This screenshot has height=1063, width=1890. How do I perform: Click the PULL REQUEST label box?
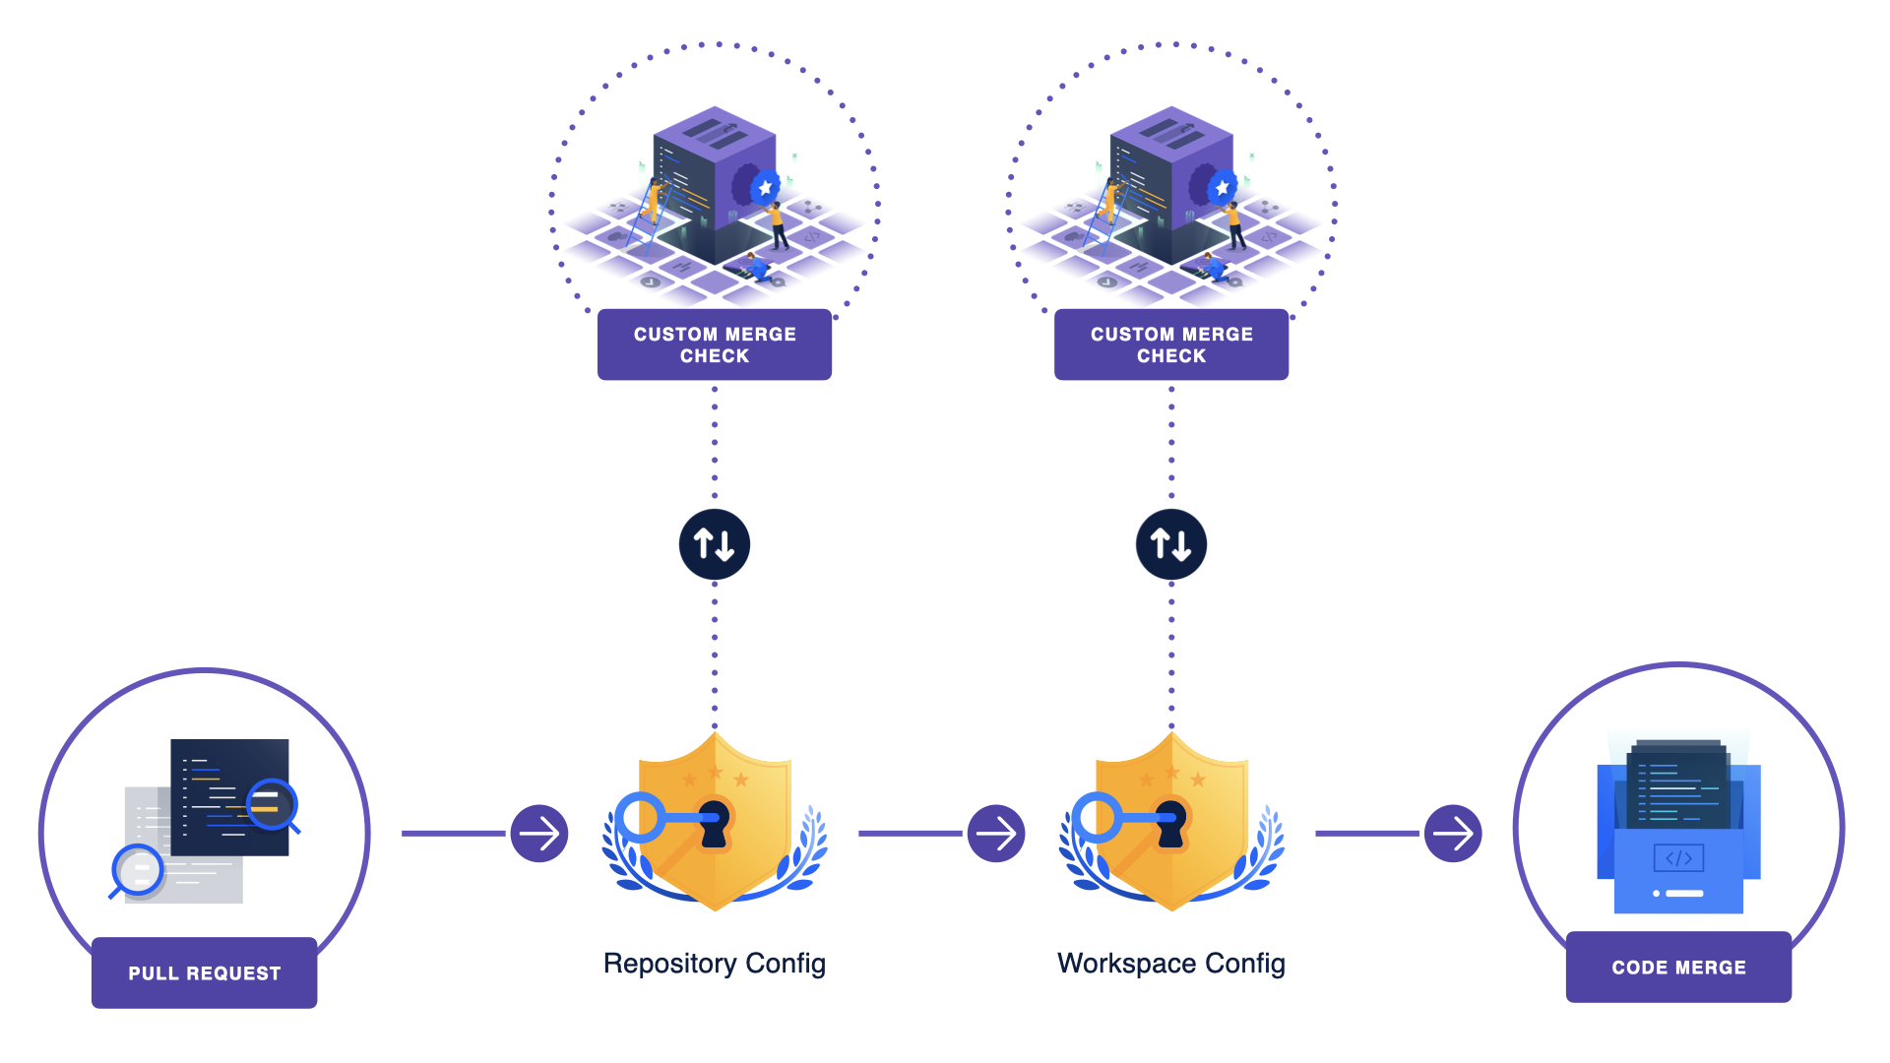pos(204,972)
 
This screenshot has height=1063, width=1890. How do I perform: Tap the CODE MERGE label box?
pos(1678,967)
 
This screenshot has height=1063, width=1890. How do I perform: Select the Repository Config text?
pos(714,963)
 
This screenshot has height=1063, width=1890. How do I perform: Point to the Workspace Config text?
pos(1170,963)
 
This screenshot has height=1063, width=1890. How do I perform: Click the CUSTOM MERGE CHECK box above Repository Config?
pos(714,344)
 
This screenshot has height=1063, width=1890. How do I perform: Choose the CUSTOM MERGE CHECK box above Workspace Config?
pos(1170,344)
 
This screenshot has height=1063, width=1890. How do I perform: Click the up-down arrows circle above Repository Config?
pos(714,544)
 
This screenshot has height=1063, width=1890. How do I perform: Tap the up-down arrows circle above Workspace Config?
pos(1170,544)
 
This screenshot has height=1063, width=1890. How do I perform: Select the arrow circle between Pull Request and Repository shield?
pos(539,834)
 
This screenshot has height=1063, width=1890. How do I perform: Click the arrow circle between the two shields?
pos(996,834)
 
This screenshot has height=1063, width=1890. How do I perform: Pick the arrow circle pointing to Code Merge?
pos(1453,834)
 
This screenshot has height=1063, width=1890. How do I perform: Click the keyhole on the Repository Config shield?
pos(714,823)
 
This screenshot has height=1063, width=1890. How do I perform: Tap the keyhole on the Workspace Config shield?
pos(1170,823)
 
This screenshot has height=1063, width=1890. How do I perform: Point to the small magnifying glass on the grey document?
pos(138,870)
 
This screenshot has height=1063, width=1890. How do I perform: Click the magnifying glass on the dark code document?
pos(271,804)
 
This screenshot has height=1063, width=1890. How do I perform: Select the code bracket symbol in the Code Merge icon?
pos(1678,858)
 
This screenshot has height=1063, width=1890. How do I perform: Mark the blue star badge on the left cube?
pos(765,187)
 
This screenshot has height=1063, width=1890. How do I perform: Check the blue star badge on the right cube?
pos(1222,187)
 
